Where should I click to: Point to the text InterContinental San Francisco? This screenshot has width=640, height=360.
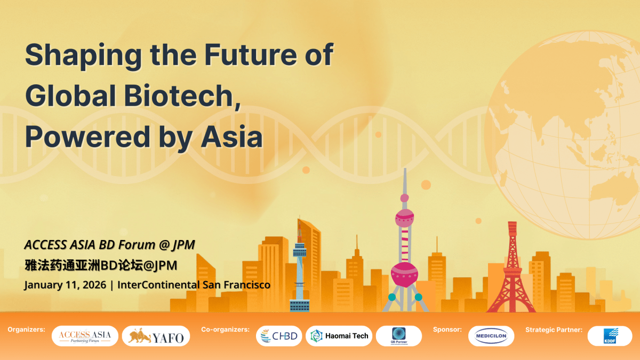(x=194, y=285)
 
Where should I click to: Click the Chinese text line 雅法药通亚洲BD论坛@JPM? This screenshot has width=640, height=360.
(x=101, y=265)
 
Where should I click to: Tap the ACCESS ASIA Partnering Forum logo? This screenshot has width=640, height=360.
(x=85, y=336)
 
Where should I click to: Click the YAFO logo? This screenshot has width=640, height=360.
(x=156, y=337)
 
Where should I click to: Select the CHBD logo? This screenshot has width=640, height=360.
(x=279, y=336)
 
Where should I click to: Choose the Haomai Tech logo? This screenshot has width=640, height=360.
(x=339, y=336)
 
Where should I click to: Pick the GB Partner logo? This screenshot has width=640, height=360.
(x=399, y=336)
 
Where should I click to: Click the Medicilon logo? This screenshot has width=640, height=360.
(x=491, y=337)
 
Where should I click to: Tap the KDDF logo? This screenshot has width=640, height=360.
(x=610, y=336)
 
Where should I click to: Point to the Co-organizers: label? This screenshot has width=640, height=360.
(x=225, y=330)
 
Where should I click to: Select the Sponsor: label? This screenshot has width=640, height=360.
(x=447, y=330)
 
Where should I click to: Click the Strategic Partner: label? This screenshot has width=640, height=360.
(x=554, y=330)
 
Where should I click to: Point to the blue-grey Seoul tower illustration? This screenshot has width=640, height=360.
(x=299, y=267)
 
